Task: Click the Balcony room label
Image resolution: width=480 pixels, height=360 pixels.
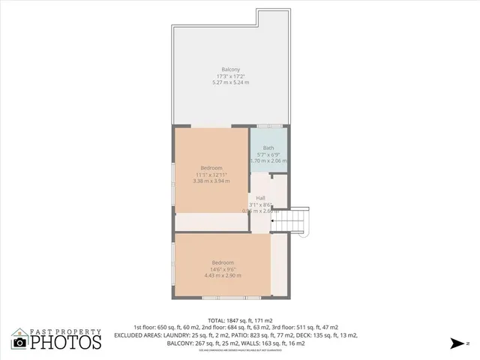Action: pos(230,69)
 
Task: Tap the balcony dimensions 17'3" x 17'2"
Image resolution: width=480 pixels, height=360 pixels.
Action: pos(230,76)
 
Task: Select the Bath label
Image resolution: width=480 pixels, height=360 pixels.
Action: pos(268,148)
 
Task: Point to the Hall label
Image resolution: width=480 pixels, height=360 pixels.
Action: pos(260,198)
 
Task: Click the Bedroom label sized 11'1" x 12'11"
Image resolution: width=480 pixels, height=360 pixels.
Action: pos(211,167)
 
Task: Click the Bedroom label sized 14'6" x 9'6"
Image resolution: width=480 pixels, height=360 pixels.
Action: pos(222,262)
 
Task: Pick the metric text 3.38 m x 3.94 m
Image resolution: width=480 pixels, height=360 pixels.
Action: pos(211,181)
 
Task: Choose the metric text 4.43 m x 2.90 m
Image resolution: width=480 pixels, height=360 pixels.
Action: pos(222,275)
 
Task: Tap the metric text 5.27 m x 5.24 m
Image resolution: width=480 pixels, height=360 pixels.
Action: pos(230,82)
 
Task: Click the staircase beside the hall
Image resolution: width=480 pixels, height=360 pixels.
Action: pos(298,220)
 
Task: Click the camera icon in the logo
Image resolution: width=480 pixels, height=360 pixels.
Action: pos(19,343)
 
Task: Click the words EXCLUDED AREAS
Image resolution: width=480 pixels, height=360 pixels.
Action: pos(136,335)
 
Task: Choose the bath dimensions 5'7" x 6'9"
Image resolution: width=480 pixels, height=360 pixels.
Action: pos(268,154)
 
